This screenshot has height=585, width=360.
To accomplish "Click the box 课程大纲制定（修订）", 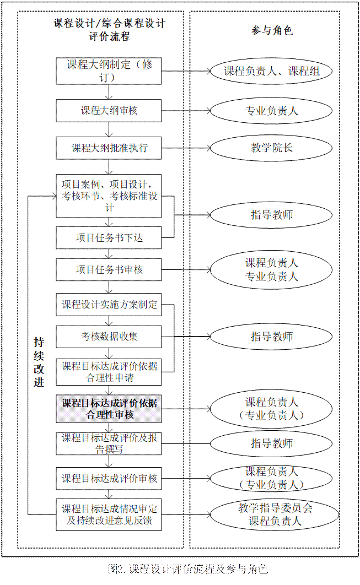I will point(109,71).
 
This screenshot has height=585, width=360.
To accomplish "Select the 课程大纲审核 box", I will point(109,110).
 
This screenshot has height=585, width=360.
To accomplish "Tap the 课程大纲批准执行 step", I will point(109,148).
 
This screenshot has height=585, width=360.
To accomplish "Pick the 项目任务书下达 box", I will point(109,238).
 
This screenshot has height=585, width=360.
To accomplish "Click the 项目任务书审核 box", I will point(109,270).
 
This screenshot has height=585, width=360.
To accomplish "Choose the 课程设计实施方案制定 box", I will point(109,304).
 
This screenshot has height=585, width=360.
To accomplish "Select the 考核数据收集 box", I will point(109,336).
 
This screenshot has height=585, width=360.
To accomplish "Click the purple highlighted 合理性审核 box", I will point(109,409).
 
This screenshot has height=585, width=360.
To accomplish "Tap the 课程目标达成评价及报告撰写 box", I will point(109,443).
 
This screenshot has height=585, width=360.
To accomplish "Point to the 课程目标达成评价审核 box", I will point(109,478).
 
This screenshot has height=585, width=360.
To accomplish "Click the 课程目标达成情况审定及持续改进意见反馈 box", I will point(109,514).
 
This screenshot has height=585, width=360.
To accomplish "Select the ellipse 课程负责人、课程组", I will point(271,71).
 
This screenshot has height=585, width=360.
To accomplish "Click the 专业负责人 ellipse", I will point(271,110).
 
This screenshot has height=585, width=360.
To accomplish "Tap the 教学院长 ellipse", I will point(271,148).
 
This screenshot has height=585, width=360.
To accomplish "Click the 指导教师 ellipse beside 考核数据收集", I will point(271,336).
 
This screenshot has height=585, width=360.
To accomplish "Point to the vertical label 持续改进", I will point(39,361).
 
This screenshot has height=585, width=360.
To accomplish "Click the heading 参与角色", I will point(272,30).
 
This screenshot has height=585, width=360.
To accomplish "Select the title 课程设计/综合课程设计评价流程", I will point(109,30).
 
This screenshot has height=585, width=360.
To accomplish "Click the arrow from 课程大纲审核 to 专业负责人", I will point(185,110).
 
